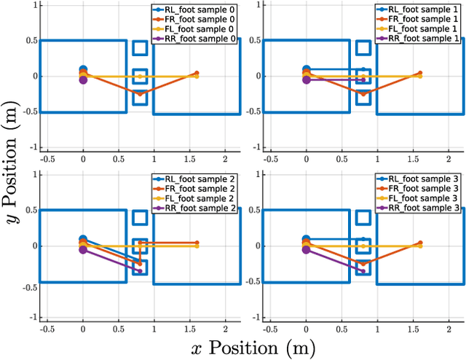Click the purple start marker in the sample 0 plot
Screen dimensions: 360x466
pos(83,80)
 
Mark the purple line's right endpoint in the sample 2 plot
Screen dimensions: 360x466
pos(140,271)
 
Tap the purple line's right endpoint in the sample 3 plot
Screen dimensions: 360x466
pos(363,271)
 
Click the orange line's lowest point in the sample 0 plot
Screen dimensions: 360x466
pos(140,94)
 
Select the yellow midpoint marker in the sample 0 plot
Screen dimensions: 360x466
pos(140,77)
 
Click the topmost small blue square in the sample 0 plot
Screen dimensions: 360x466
pos(140,48)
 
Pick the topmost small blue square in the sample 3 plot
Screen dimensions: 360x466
pos(363,217)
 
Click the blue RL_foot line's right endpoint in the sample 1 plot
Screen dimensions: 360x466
pos(363,70)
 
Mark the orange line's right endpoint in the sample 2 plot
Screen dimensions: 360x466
pos(197,243)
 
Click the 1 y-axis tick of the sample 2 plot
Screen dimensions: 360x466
pos(33,175)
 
